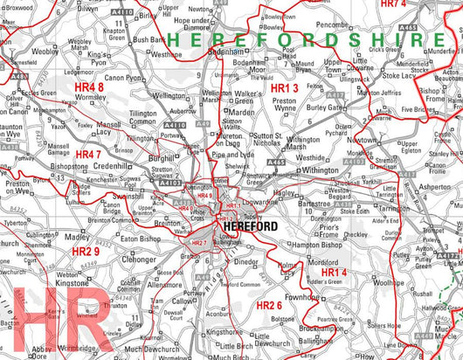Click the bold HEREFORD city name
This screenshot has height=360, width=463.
click(251, 226)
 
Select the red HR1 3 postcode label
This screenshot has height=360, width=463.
click(284, 89)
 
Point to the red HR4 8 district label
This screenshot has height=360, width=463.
click(89, 87)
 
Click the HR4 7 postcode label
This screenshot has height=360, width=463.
click(87, 155)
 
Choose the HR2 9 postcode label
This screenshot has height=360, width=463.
click(86, 252)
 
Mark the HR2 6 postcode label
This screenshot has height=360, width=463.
click(269, 305)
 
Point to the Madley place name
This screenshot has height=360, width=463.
click(77, 237)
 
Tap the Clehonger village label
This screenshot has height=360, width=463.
click(139, 260)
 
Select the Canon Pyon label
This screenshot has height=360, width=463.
click(123, 78)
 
